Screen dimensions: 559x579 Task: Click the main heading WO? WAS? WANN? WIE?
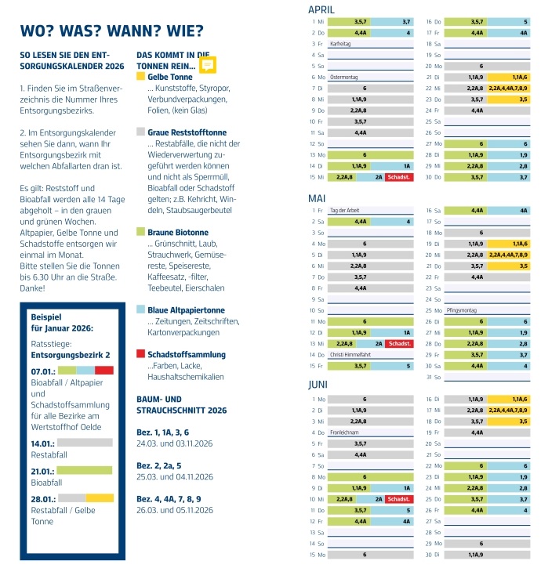(x=111, y=31)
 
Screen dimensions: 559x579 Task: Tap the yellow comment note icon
(x=208, y=65)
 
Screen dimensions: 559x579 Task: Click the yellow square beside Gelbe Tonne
(x=140, y=77)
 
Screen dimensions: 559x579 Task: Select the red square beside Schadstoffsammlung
(x=140, y=354)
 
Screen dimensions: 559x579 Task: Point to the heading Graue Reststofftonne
(x=187, y=132)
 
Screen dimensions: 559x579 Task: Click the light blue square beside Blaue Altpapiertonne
(x=140, y=309)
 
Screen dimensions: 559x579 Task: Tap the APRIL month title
(x=321, y=9)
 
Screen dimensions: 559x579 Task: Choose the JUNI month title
(x=318, y=385)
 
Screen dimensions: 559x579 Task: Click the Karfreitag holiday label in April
(x=340, y=44)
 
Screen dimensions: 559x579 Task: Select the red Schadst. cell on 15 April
(x=399, y=177)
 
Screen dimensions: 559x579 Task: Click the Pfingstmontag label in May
(x=462, y=310)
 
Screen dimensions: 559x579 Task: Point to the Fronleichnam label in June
(x=344, y=432)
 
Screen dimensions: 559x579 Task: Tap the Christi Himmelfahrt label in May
(x=350, y=354)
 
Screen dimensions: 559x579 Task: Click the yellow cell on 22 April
(x=508, y=89)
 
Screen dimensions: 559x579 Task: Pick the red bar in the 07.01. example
(x=104, y=371)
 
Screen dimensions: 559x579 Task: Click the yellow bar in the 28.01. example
(x=100, y=498)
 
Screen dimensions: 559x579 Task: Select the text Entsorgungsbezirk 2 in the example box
(x=71, y=355)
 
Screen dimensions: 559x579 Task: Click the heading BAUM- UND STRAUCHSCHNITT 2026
(x=181, y=405)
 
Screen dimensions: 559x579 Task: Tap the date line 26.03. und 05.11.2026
(x=175, y=510)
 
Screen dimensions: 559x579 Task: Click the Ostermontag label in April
(x=343, y=78)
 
